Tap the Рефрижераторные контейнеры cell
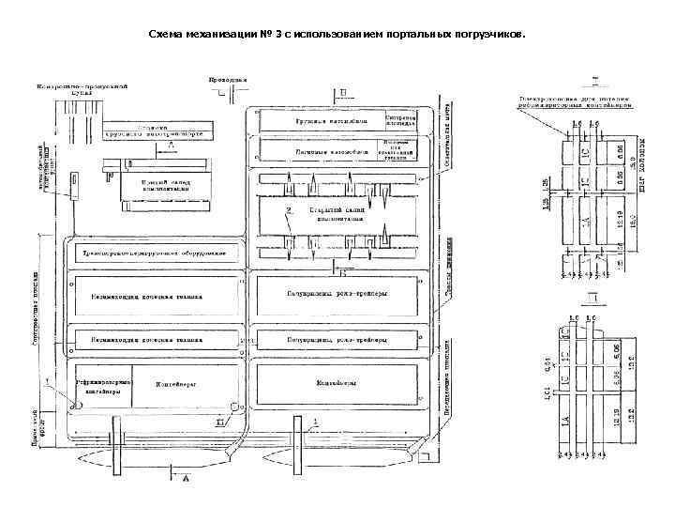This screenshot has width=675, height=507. (x=102, y=389)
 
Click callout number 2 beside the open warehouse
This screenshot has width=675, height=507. (x=290, y=207)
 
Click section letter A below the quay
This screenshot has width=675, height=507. (x=185, y=479)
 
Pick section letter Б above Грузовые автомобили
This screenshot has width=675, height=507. (x=342, y=93)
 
